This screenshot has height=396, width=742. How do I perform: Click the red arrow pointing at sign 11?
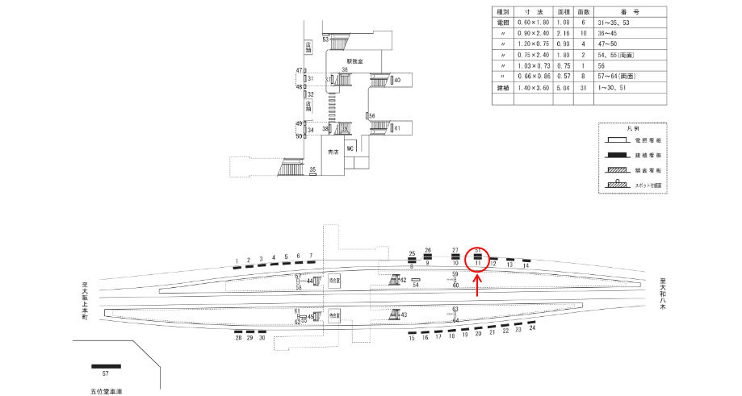(x=478, y=284)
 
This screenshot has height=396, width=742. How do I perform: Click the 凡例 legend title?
(x=633, y=128)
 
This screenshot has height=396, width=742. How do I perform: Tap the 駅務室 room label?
(x=356, y=60)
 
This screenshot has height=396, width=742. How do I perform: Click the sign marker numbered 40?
(x=396, y=80)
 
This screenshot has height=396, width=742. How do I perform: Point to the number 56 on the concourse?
(x=372, y=116)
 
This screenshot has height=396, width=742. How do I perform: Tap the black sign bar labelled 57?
(x=106, y=366)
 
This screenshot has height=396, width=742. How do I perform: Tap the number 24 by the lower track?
(x=532, y=328)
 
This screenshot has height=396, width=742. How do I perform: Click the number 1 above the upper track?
(x=237, y=261)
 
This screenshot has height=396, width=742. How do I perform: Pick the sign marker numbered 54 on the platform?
(x=416, y=280)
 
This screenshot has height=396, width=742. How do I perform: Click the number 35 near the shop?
(x=312, y=169)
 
